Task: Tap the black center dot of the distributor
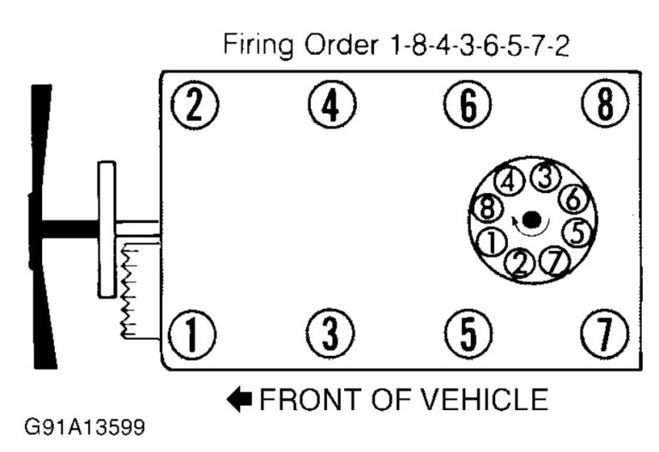point(531,220)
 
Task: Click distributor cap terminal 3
point(542,178)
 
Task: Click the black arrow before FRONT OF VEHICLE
point(240,399)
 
